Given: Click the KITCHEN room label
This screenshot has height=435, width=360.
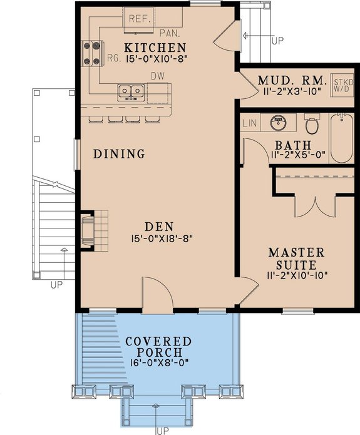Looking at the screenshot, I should tap(155, 48).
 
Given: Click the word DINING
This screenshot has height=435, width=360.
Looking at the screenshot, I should tap(120, 153).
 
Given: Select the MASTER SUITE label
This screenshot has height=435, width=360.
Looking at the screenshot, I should tap(297, 258).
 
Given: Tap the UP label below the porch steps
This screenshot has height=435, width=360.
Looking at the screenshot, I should tap(163, 431).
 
